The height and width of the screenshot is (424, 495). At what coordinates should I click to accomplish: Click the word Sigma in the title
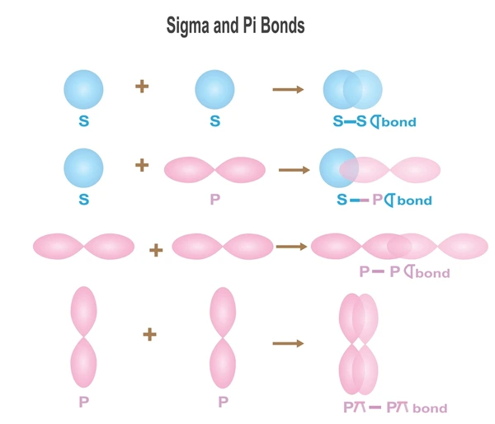[x=187, y=26]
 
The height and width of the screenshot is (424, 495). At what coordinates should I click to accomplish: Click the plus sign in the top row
[x=142, y=86]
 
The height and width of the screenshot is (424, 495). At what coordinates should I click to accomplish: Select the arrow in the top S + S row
[x=288, y=89]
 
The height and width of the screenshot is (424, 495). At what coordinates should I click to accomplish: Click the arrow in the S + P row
[x=295, y=170]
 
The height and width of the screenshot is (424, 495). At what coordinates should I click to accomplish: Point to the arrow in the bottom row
[x=288, y=343]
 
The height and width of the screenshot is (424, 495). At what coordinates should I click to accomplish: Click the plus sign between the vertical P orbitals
[x=149, y=334]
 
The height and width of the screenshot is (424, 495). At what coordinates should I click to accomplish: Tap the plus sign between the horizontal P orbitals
[x=156, y=251]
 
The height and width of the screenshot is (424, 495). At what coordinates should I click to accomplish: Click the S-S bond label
[x=375, y=121]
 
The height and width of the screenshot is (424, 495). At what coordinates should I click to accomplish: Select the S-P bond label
[x=384, y=200]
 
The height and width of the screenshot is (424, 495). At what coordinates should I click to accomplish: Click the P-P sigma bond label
[x=405, y=272]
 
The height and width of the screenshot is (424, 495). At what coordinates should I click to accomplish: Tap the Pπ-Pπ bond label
[x=395, y=408]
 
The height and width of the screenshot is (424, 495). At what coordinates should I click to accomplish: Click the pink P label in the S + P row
[x=215, y=199]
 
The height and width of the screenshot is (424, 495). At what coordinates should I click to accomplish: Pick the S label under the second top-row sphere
[x=215, y=121]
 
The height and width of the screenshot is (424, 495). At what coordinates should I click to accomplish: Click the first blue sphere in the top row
[x=83, y=90]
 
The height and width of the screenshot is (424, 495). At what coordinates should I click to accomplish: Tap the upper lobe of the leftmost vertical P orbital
[x=83, y=311]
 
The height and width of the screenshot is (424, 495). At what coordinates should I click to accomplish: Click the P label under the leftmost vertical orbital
[x=83, y=402]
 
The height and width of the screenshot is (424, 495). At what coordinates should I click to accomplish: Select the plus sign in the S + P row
[x=142, y=165]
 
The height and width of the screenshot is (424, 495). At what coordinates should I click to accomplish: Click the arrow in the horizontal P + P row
[x=291, y=247]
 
